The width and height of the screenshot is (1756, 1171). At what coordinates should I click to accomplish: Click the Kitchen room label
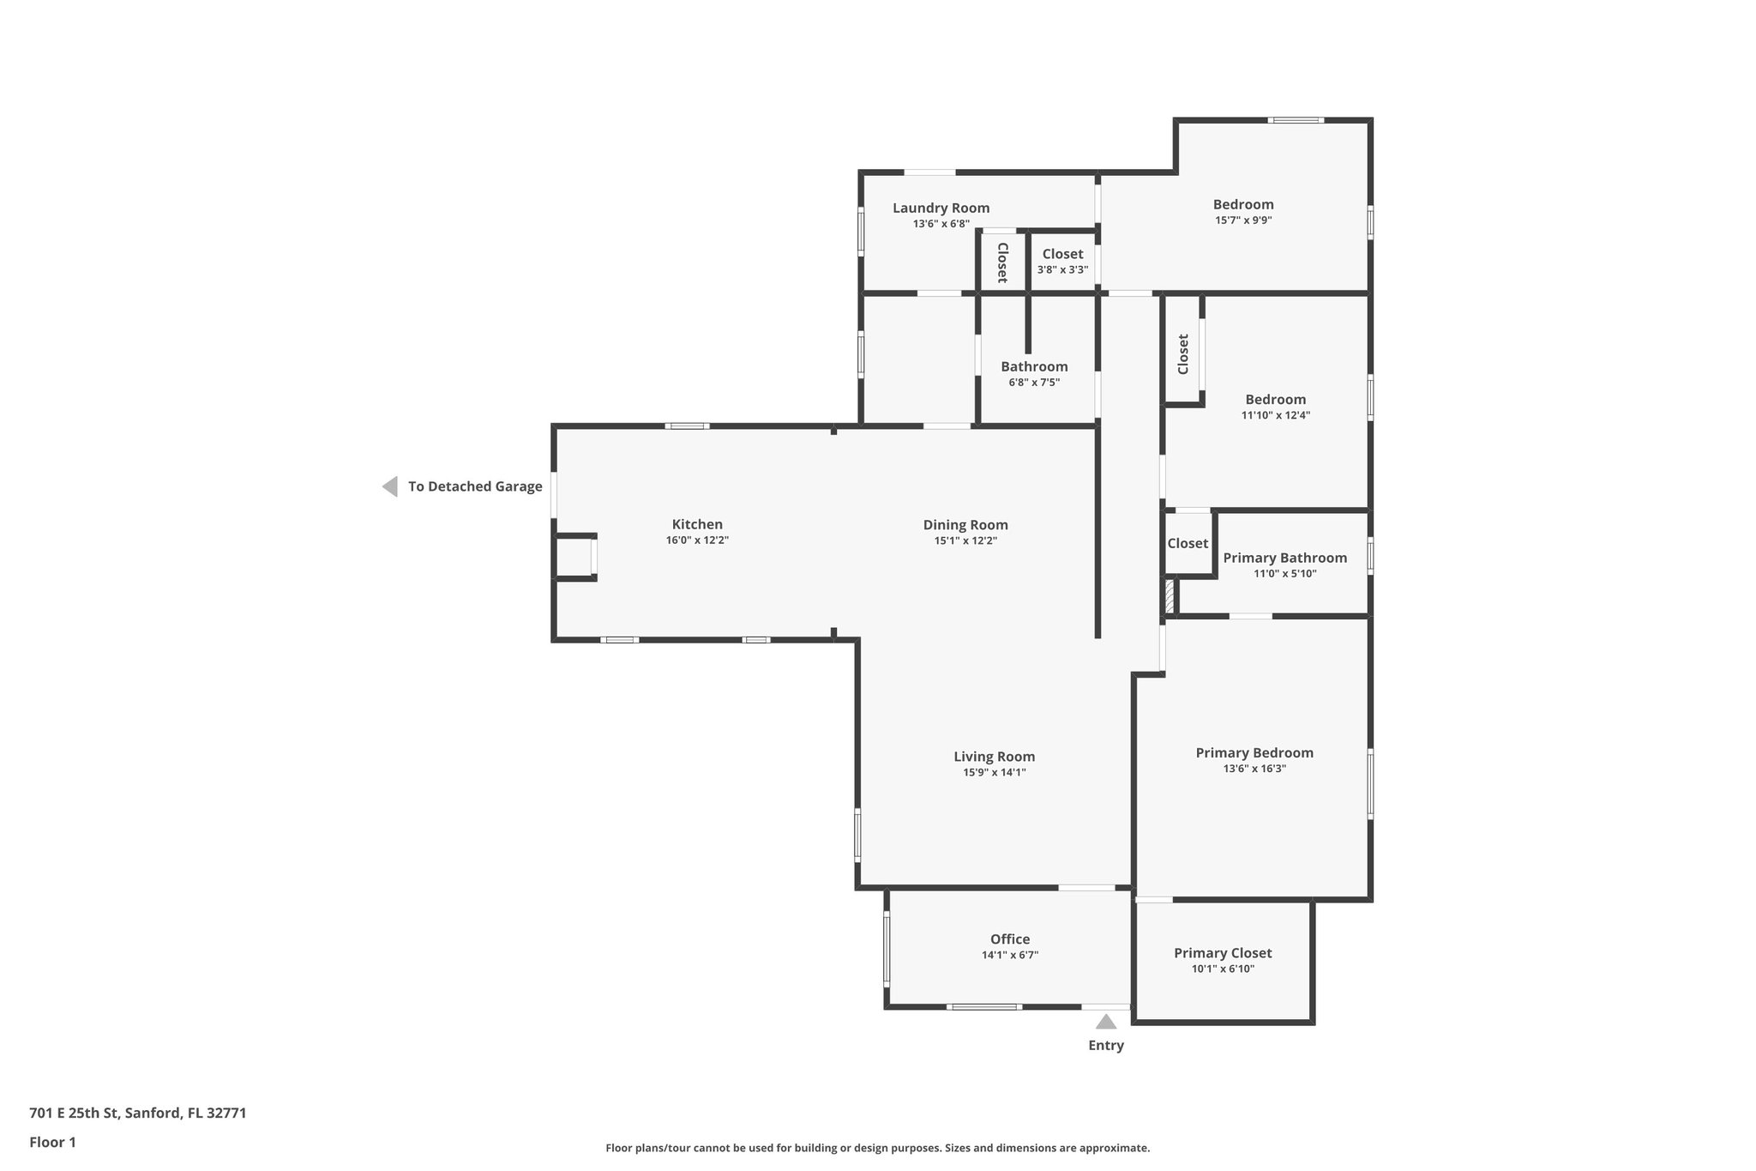coord(697,524)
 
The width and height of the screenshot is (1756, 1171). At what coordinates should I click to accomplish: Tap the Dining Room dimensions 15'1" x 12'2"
coord(965,540)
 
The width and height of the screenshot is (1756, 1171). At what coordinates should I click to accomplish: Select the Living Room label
coord(994,757)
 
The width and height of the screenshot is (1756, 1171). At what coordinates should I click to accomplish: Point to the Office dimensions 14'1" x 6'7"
coord(1010,955)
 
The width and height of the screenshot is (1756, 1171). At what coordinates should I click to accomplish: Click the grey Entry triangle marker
coord(1106,1022)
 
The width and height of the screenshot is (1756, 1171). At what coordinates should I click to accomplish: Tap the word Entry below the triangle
coord(1106,1045)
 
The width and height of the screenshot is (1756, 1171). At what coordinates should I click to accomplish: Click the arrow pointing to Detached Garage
coord(390,486)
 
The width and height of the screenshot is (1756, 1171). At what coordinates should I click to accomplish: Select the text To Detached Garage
coord(475,486)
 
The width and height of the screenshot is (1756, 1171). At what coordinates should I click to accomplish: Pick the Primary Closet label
coord(1223,953)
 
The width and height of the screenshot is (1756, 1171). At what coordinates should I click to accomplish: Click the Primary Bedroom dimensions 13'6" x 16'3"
coord(1254,769)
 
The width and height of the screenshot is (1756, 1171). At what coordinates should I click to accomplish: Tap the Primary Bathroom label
coord(1284,558)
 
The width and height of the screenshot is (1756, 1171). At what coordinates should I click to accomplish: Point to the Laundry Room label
coord(941,208)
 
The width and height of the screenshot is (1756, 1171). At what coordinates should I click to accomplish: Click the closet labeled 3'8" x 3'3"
coord(1062,261)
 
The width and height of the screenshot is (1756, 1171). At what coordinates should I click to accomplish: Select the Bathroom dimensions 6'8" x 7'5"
coord(1034,383)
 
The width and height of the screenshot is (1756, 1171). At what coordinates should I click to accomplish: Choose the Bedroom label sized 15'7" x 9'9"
coord(1243,204)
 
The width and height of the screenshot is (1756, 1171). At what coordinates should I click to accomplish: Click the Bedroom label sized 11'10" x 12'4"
coord(1276,399)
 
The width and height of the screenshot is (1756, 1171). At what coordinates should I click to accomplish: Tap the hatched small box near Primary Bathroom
coord(1169,596)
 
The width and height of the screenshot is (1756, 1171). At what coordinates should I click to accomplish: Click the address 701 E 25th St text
coord(138,1114)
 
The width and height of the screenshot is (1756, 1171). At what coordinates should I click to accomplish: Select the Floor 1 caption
coord(52,1142)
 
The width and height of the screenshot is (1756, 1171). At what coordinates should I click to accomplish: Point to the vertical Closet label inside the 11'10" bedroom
coord(1183,353)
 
